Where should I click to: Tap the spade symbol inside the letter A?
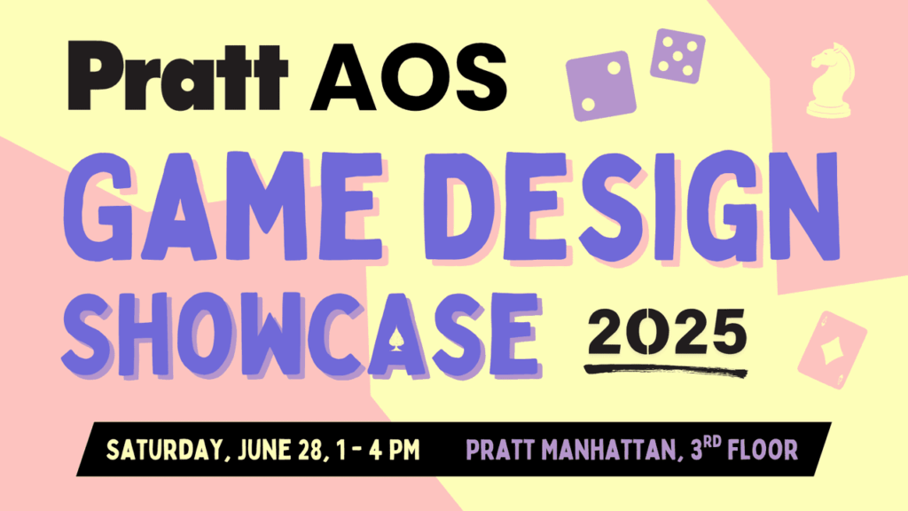point(393,340)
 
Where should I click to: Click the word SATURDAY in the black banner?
point(164,450)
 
